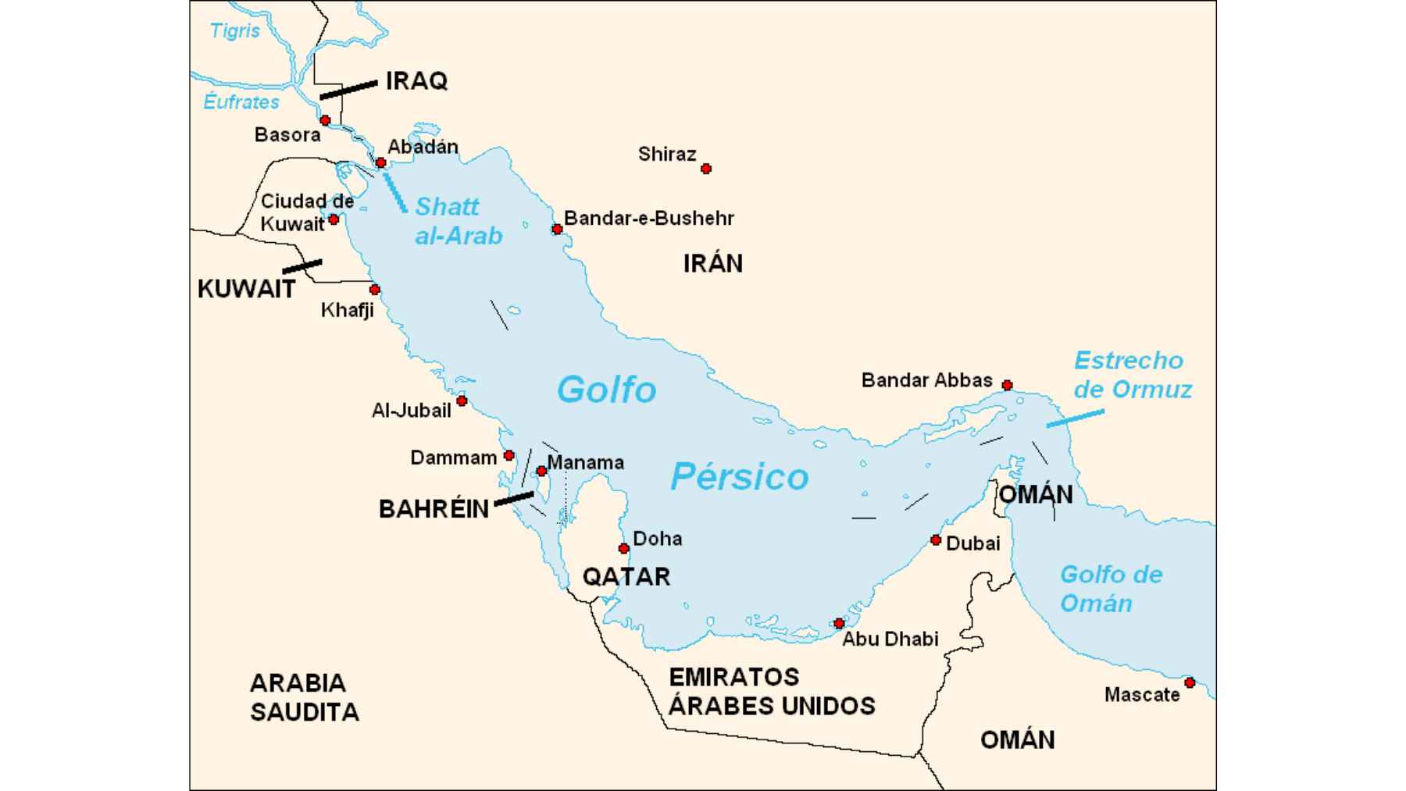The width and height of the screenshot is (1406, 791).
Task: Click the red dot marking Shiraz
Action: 706,169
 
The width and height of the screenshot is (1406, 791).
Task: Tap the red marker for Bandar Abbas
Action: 1007,385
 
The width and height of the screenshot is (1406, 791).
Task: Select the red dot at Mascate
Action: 1190,682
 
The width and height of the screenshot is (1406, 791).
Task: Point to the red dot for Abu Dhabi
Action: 839,623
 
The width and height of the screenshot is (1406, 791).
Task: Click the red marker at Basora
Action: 325,120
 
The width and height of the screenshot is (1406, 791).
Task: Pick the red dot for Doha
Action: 623,548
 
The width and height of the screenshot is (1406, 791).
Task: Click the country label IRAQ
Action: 416,80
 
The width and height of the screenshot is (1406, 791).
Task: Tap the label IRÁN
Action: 712,263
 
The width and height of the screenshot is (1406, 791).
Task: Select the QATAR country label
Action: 626,576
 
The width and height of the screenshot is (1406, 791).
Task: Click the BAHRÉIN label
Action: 434,509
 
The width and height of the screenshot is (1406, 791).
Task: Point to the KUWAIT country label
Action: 246,289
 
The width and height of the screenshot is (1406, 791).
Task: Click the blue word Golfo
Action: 606,389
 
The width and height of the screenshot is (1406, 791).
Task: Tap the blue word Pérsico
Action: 739,476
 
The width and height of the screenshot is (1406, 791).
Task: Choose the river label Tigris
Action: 235,30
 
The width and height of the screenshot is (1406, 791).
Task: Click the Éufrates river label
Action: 241,102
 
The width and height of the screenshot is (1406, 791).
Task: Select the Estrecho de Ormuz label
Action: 1132,375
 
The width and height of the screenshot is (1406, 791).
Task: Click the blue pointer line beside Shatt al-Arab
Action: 395,192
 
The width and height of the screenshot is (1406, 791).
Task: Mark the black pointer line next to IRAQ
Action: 348,90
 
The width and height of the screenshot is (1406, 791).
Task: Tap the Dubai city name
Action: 972,543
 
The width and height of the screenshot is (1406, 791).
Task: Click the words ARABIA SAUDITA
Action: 304,697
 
